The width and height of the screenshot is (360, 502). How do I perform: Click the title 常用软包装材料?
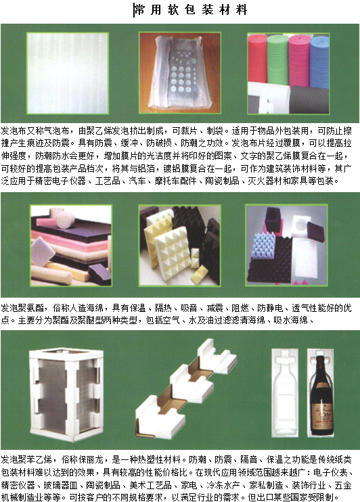pyautogui.click(x=191, y=10)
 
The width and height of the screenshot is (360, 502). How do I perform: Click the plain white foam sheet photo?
pyautogui.click(x=68, y=73)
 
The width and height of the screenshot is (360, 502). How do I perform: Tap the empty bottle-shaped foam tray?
pyautogui.click(x=285, y=392)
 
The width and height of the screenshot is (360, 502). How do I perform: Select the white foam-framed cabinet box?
pyautogui.click(x=66, y=395)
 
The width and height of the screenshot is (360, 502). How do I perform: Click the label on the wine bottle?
pyautogui.click(x=321, y=417)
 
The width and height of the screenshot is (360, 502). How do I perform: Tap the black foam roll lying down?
pyautogui.click(x=309, y=100)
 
